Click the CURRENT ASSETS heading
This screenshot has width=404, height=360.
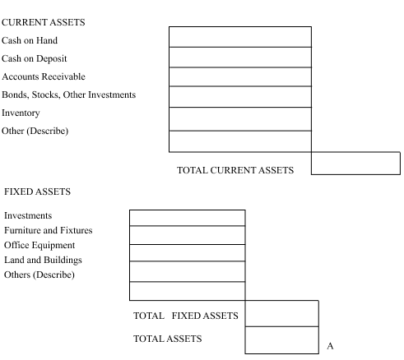[x=44, y=22]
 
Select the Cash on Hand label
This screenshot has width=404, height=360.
[x=30, y=40]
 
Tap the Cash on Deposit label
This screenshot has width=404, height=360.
[x=35, y=58]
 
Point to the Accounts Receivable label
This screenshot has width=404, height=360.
[x=44, y=76]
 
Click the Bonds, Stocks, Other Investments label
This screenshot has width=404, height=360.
[x=69, y=95]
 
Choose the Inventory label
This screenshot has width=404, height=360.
[x=21, y=113]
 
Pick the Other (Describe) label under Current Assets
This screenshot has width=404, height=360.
[x=35, y=131]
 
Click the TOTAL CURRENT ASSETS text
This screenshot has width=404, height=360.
[x=235, y=170]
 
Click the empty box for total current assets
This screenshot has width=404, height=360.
[x=355, y=164]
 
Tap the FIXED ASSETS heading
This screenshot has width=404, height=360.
[x=38, y=192]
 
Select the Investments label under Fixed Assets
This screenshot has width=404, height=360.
[x=28, y=215]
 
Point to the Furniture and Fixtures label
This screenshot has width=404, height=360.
[x=49, y=230]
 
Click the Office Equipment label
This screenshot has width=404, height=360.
[x=39, y=245]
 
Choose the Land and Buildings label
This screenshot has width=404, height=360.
[x=43, y=260]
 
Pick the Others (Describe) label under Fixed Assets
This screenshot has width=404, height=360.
[x=39, y=275]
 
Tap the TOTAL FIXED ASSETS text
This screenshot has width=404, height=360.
[x=186, y=316]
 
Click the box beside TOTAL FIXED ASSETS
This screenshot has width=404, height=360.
[x=282, y=313]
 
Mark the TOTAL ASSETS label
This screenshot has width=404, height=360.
[x=168, y=339]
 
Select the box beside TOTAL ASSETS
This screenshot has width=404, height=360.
[x=282, y=340]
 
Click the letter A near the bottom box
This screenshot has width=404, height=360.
[x=330, y=346]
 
